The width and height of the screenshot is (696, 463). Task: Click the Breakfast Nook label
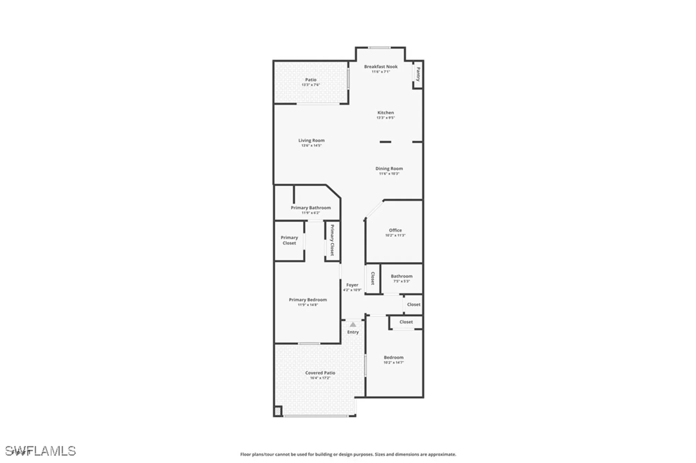pos(381,66)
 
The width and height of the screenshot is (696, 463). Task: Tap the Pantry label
pos(418,74)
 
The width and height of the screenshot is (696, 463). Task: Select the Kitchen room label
pos(386,113)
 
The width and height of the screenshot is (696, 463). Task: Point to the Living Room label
pos(311,141)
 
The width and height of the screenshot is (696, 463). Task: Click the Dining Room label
pos(389,169)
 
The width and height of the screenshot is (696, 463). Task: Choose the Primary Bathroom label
pos(311,208)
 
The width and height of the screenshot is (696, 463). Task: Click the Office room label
pos(395,230)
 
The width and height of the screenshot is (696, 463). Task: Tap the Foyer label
pos(352,285)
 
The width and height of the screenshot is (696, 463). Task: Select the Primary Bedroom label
pos(308,300)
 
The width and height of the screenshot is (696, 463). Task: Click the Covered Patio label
pos(320,373)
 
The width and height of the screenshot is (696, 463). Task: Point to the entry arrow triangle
pos(353,325)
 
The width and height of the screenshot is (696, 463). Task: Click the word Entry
pos(353,332)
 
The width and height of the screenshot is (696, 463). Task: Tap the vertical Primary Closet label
pos(332,240)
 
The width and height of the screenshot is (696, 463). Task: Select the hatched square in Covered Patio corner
pos(277,411)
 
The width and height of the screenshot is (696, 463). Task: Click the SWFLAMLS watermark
pos(40,451)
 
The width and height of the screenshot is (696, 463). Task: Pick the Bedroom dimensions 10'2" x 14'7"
pos(394,362)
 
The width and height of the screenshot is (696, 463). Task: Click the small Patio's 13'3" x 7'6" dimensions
pos(311,85)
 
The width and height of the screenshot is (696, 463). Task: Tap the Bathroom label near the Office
pos(402,276)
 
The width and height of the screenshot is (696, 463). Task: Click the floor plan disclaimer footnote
pos(348,454)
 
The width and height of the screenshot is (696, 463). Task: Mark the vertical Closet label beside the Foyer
pos(373,278)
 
